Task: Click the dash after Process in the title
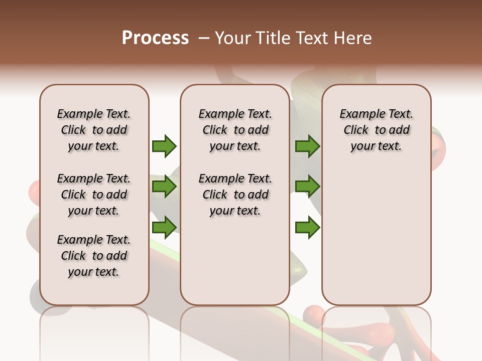204,39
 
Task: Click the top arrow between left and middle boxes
164,146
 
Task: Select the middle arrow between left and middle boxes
164,187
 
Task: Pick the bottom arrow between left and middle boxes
164,228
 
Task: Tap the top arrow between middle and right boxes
307,146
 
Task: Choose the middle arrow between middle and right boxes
307,187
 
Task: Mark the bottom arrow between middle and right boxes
307,228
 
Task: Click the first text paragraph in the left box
94,130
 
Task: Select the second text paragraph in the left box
94,195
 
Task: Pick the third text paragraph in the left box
94,256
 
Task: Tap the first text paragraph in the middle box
235,130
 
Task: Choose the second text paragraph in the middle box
235,195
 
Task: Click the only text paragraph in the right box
376,130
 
